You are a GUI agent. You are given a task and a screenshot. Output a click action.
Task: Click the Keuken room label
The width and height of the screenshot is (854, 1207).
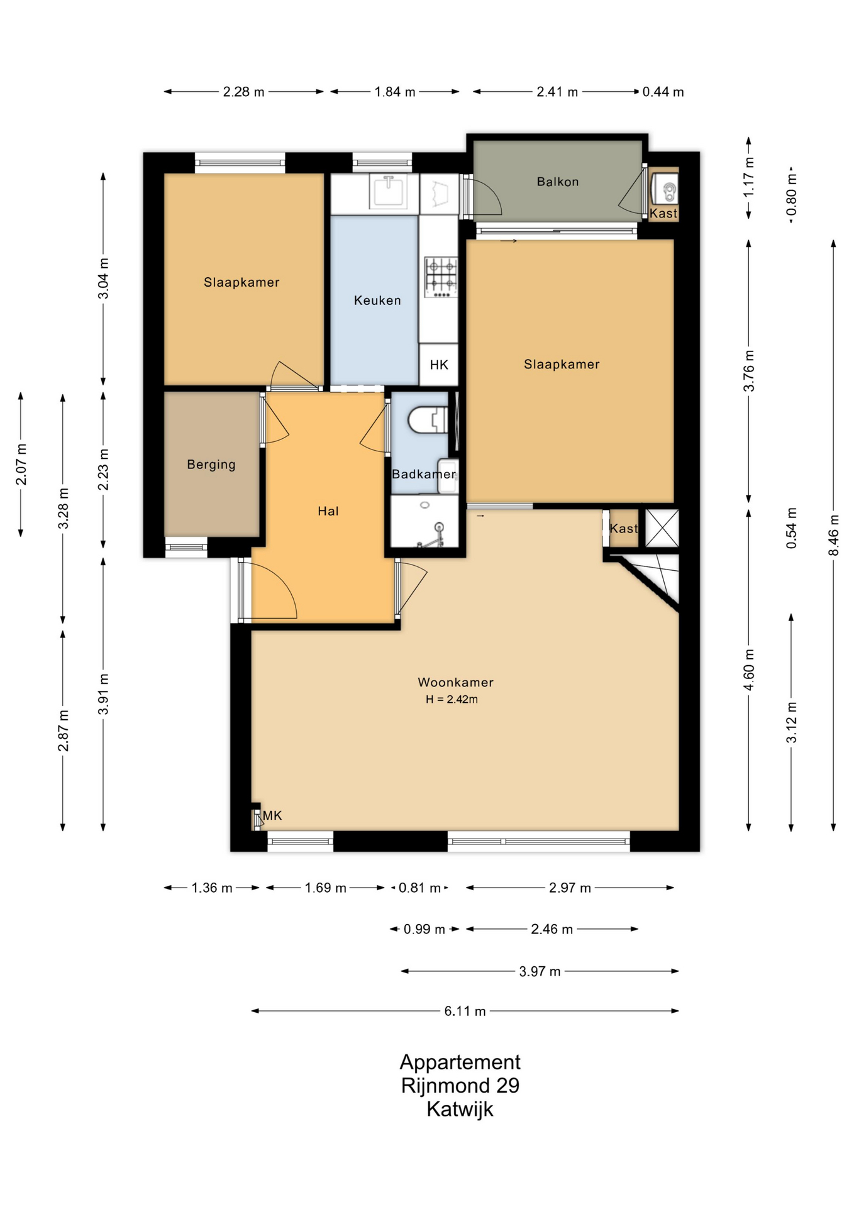coord(377,300)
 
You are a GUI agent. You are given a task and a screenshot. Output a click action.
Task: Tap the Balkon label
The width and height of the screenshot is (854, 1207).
coord(558,182)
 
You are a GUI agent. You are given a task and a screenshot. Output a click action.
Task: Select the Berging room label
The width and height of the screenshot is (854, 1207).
coord(211,465)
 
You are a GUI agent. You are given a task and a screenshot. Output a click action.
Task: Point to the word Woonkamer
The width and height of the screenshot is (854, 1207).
coord(456,682)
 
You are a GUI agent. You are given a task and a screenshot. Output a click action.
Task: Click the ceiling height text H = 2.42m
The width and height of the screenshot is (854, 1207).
coord(452,699)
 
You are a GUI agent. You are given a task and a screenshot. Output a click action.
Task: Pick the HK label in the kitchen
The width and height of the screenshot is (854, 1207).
coord(439,365)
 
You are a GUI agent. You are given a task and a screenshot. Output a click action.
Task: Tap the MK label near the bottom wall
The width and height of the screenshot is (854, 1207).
coord(272,815)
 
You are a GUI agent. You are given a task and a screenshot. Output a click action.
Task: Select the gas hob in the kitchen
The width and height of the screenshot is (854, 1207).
coord(441,277)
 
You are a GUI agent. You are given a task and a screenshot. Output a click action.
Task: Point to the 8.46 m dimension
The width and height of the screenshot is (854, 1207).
coord(834,535)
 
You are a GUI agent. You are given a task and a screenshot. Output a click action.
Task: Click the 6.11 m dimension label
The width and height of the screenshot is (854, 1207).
coord(465,1011)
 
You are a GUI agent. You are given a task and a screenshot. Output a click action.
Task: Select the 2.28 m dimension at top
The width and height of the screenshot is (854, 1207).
coord(244,92)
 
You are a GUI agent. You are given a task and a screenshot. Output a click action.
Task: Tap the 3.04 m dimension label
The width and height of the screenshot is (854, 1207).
coord(104,278)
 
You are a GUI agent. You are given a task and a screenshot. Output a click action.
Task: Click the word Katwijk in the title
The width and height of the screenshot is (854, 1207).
coord(460,1109)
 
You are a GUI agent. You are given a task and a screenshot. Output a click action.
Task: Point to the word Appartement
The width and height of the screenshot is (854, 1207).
coord(460,1062)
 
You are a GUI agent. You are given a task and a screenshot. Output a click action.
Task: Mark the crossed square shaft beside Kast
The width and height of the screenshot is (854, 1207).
coord(662,528)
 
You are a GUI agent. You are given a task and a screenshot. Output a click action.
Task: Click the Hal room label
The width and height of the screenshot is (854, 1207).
coord(328,511)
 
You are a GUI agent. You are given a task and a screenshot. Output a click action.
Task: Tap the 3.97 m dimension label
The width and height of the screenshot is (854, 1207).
coord(540,971)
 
